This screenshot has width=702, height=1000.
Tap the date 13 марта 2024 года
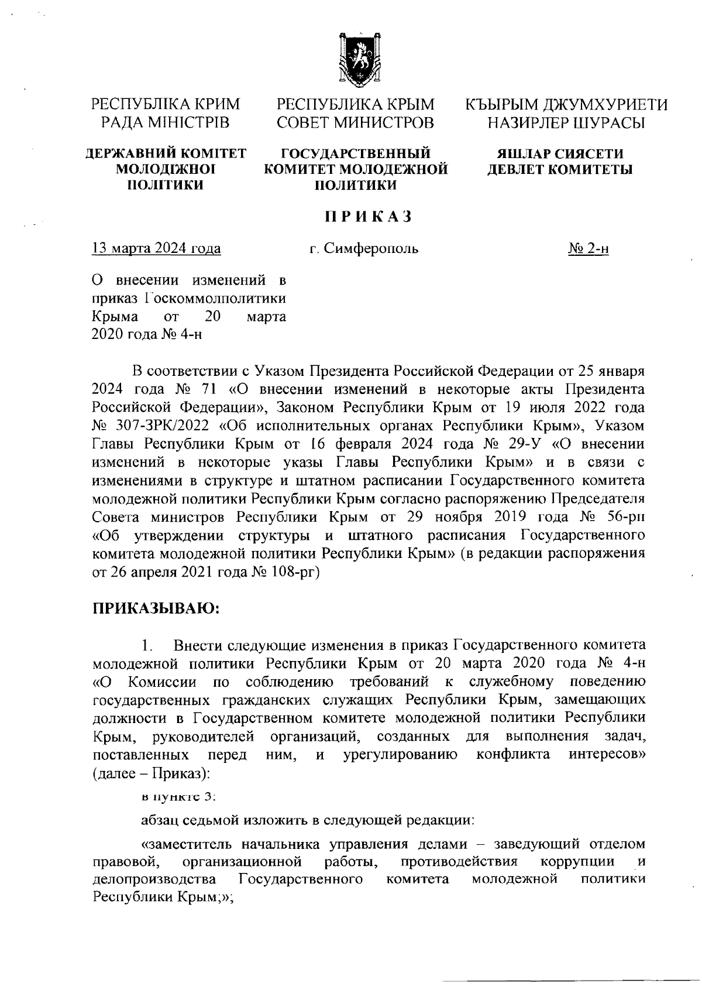pos(157,249)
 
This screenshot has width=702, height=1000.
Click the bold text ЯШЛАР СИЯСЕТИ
pos(560,154)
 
